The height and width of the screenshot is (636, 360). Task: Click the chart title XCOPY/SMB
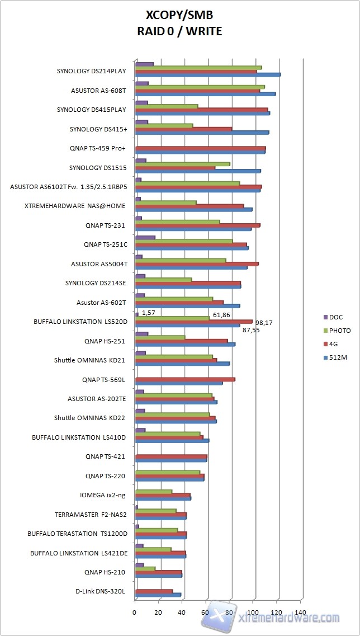point(179,16)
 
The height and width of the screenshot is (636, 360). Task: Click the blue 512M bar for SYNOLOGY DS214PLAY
point(207,75)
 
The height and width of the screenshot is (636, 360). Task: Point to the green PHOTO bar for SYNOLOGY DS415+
point(164,125)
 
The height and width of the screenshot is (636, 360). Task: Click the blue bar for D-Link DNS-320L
point(158,595)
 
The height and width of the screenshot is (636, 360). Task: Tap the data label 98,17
point(264,323)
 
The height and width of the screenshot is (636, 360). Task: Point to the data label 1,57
point(148,312)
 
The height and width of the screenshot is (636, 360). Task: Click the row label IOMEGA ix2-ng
point(102,495)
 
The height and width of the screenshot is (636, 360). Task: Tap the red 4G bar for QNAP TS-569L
point(185,379)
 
